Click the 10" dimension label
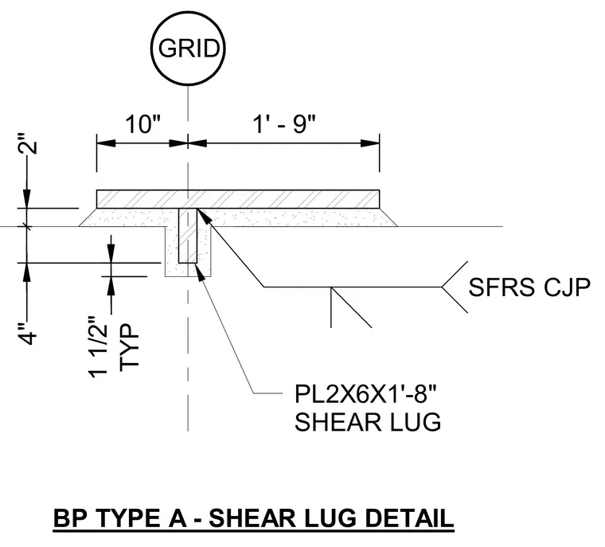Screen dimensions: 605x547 tap(142, 124)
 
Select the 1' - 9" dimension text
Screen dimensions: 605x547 tap(284, 124)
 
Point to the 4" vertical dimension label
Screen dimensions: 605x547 tap(28, 332)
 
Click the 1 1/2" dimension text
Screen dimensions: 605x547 tap(98, 347)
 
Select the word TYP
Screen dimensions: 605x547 tap(128, 347)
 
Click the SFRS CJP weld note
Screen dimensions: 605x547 tap(529, 287)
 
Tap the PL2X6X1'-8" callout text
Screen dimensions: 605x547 tap(365, 394)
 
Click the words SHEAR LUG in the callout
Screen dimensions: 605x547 tap(368, 421)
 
